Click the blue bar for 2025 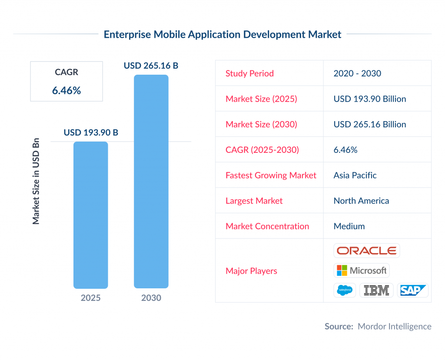point(90,215)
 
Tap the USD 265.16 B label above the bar point(151,66)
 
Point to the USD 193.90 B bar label point(91,132)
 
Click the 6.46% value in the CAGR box point(66,90)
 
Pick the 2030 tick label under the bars point(151,298)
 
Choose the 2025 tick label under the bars point(90,298)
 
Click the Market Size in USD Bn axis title point(36,182)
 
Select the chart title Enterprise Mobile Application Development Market point(222,34)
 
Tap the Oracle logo point(366,251)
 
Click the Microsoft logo point(362,271)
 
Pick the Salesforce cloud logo point(345,290)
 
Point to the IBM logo point(376,290)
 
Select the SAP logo point(412,290)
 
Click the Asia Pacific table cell point(355,175)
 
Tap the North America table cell point(361,201)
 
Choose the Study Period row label point(249,73)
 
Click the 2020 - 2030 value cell point(357,73)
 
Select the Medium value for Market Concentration point(349,226)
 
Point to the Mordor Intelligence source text point(394,327)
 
